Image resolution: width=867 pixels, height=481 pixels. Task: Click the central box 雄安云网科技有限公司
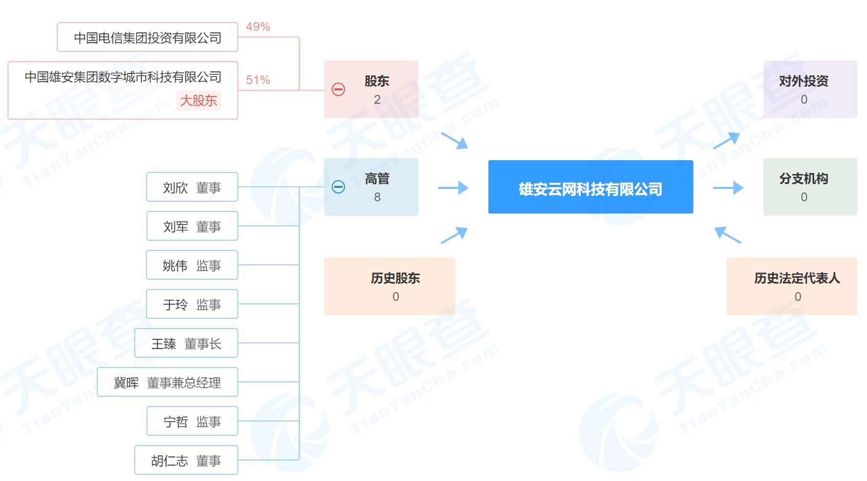coord(590,187)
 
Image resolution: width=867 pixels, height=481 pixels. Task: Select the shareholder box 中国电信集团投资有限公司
coord(147,37)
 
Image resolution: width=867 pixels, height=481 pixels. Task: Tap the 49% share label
coord(258,27)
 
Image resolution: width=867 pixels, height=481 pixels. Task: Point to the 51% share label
coord(258,80)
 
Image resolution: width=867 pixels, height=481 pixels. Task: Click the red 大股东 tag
coord(199,101)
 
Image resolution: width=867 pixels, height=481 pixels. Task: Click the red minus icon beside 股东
coord(338,89)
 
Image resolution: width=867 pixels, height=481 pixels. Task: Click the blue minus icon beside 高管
coord(338,187)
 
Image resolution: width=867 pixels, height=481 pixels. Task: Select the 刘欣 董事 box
coord(192,187)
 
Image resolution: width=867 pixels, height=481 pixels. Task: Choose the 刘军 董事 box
coord(192,226)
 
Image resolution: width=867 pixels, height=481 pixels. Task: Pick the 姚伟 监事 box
coord(192,265)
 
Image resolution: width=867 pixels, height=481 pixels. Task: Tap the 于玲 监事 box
coord(192,304)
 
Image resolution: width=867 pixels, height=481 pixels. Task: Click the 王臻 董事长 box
coord(186,343)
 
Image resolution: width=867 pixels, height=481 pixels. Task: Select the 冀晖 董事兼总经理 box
coord(168,382)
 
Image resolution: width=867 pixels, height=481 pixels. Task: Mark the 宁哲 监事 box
coord(192,421)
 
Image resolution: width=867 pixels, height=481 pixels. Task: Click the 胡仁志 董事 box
coord(186,460)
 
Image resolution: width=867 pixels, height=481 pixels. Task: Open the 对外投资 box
coord(810,89)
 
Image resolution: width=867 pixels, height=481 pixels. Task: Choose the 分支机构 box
coord(810,187)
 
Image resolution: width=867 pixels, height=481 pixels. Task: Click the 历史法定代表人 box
coord(792,286)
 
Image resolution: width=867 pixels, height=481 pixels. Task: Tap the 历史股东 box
coord(390,286)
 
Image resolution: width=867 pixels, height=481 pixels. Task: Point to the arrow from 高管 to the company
coord(453,188)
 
